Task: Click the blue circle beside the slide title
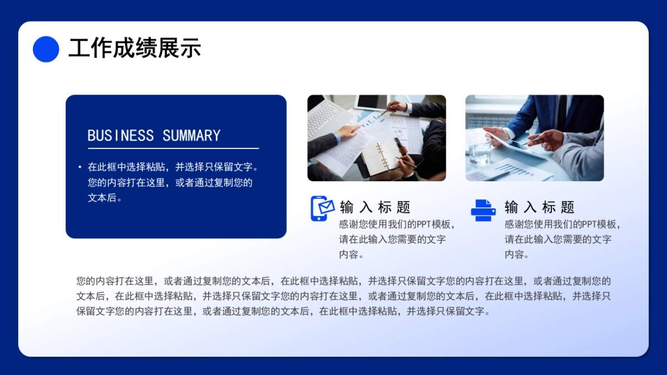click(x=46, y=49)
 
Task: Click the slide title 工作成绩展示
click(x=135, y=49)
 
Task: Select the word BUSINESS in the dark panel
click(x=121, y=136)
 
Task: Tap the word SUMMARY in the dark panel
click(x=192, y=136)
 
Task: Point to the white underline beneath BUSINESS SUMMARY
click(x=173, y=148)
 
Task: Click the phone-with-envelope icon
click(x=322, y=208)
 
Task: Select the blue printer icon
click(x=483, y=210)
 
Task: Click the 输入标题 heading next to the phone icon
click(x=375, y=207)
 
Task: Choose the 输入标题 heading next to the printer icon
click(x=540, y=207)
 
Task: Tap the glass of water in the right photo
click(x=479, y=149)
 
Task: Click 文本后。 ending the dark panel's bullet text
click(x=105, y=198)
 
